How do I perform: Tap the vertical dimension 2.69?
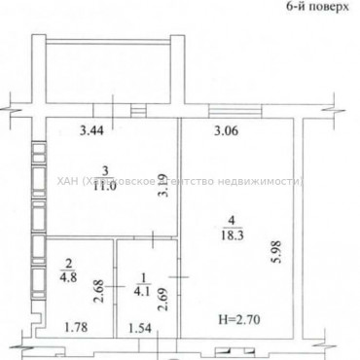pos(163,293)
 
